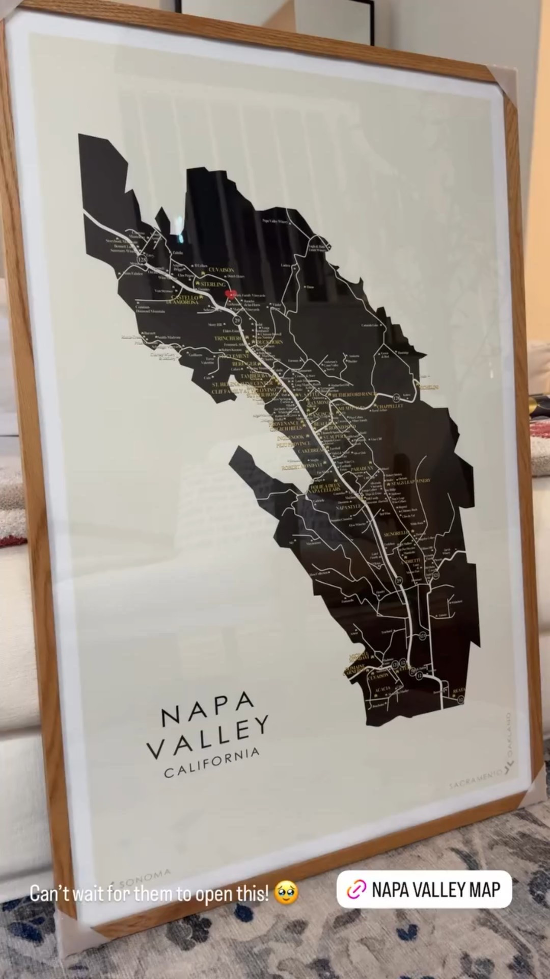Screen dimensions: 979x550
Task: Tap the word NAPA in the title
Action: [208, 709]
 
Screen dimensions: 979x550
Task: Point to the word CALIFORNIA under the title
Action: [212, 763]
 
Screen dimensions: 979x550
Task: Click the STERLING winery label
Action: [213, 284]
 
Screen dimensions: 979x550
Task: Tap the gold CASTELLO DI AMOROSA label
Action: [185, 300]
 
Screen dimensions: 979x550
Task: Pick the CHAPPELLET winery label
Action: [391, 406]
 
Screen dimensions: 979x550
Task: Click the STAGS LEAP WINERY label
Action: [410, 482]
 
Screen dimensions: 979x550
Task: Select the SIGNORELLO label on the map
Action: [396, 533]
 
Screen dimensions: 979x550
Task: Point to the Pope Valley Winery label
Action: [275, 221]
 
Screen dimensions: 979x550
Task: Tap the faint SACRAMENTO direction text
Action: [474, 780]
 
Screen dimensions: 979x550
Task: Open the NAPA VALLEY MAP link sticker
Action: [424, 890]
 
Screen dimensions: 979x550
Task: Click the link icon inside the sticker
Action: [356, 890]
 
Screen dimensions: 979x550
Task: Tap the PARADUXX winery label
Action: [362, 468]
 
